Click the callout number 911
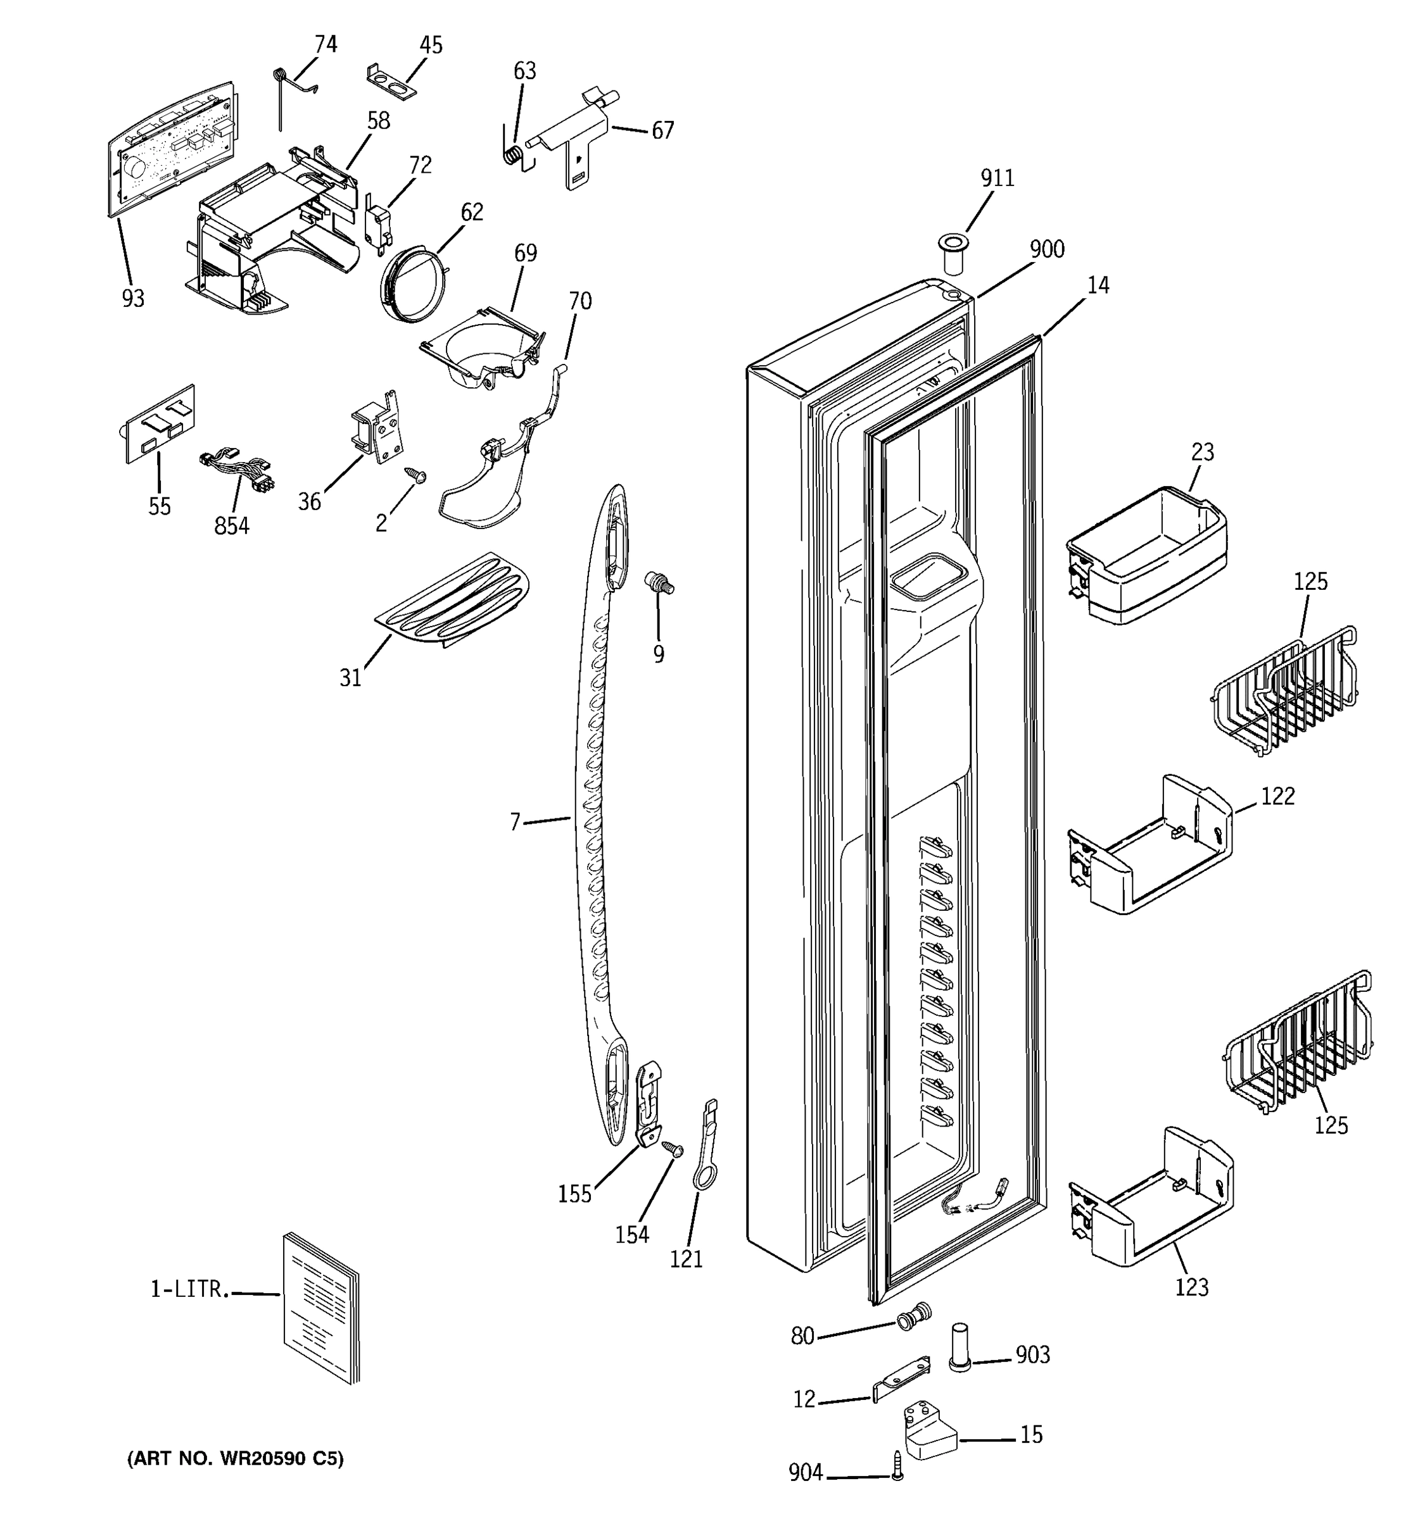pyautogui.click(x=997, y=178)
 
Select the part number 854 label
pyautogui.click(x=231, y=526)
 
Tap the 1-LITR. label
pyautogui.click(x=189, y=1289)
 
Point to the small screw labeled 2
pyautogui.click(x=417, y=477)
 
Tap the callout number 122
pyautogui.click(x=1277, y=796)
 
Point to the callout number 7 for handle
pyautogui.click(x=516, y=822)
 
